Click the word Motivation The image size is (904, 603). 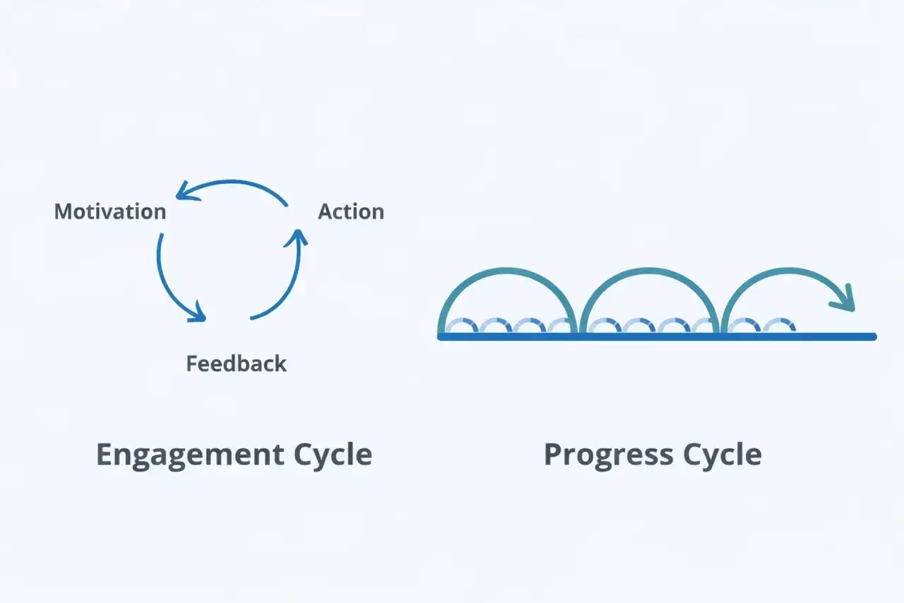pyautogui.click(x=110, y=211)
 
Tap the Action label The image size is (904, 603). pyautogui.click(x=351, y=211)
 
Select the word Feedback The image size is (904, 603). pyautogui.click(x=236, y=363)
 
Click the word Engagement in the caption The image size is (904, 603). pyautogui.click(x=190, y=455)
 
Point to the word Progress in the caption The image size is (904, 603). pyautogui.click(x=609, y=455)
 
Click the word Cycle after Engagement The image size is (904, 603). pyautogui.click(x=333, y=455)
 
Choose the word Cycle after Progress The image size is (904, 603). pyautogui.click(x=722, y=455)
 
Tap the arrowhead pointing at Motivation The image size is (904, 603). pyautogui.click(x=185, y=192)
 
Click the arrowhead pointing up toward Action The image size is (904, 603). pyautogui.click(x=297, y=238)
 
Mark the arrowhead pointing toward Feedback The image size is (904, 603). pyautogui.click(x=198, y=314)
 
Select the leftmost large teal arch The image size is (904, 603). pyautogui.click(x=508, y=270)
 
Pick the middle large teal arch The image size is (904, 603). pyautogui.click(x=648, y=270)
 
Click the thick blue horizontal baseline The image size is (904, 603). pyautogui.click(x=657, y=336)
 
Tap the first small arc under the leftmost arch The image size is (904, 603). pyautogui.click(x=461, y=320)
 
